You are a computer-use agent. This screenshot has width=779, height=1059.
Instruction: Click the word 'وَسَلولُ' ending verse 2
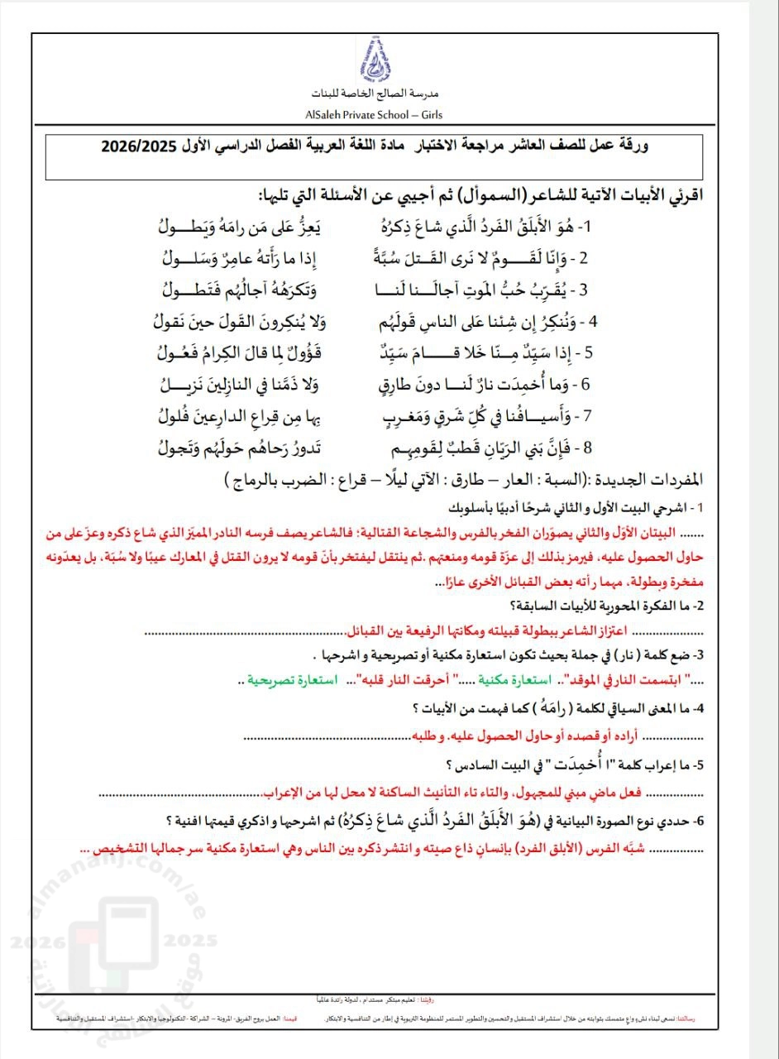tap(185, 257)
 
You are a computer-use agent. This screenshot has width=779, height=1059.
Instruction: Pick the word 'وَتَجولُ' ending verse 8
tap(181, 448)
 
